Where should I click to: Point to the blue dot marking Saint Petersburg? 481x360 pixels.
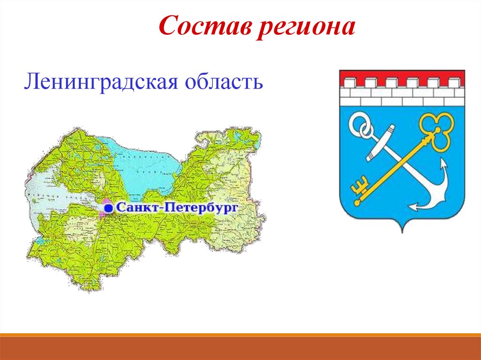pos(109,207)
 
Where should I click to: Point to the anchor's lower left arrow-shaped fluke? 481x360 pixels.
pos(414,206)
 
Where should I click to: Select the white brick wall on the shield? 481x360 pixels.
pos(402,96)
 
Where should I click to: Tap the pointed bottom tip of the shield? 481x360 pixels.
pos(402,231)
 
